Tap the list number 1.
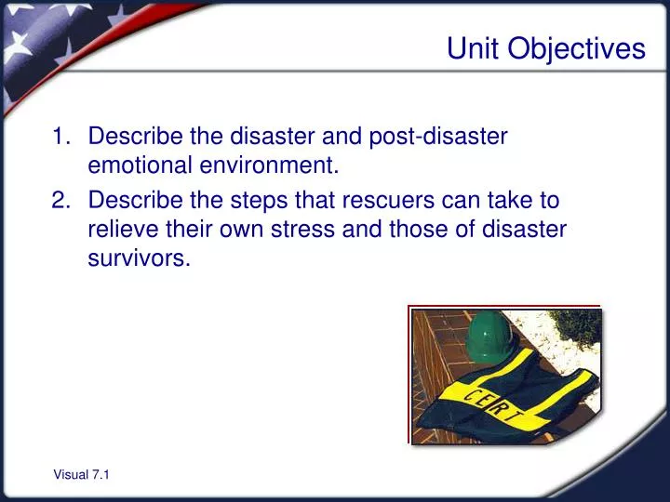[x=60, y=137]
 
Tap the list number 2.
[x=60, y=200]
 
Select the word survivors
[x=138, y=259]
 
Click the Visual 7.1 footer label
[x=81, y=475]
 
